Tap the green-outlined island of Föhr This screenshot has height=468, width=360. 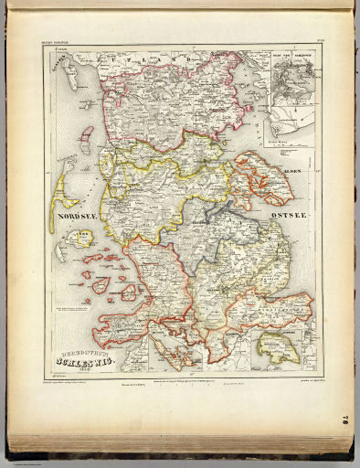(x=81, y=238)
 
